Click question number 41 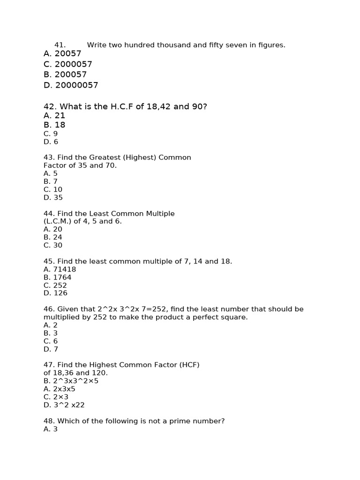tap(60, 45)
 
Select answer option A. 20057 tap(62, 54)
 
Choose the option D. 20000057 tap(71, 85)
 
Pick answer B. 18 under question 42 tap(54, 125)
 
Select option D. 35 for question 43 tap(53, 197)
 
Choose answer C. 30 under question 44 tap(53, 245)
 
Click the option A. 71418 tap(60, 270)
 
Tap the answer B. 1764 tap(58, 277)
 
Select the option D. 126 tap(55, 293)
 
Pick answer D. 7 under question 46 tap(51, 349)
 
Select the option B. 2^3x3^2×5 tap(71, 381)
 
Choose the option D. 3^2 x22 tap(64, 405)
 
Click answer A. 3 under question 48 tap(51, 429)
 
